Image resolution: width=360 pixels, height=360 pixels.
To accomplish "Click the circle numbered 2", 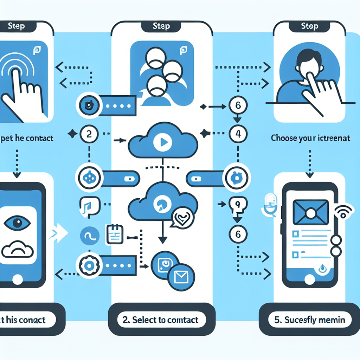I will click(89, 134).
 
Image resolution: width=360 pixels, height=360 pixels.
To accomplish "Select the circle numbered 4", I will click(238, 134).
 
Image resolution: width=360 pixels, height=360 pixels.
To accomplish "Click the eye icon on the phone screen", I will click(17, 222).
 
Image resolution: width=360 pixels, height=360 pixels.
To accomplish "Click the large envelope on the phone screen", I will click(310, 212).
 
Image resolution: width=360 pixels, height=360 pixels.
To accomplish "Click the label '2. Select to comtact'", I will click(161, 320).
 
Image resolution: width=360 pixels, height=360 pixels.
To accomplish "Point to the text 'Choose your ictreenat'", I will click(310, 138).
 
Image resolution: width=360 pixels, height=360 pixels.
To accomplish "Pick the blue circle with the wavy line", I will click(89, 236).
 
